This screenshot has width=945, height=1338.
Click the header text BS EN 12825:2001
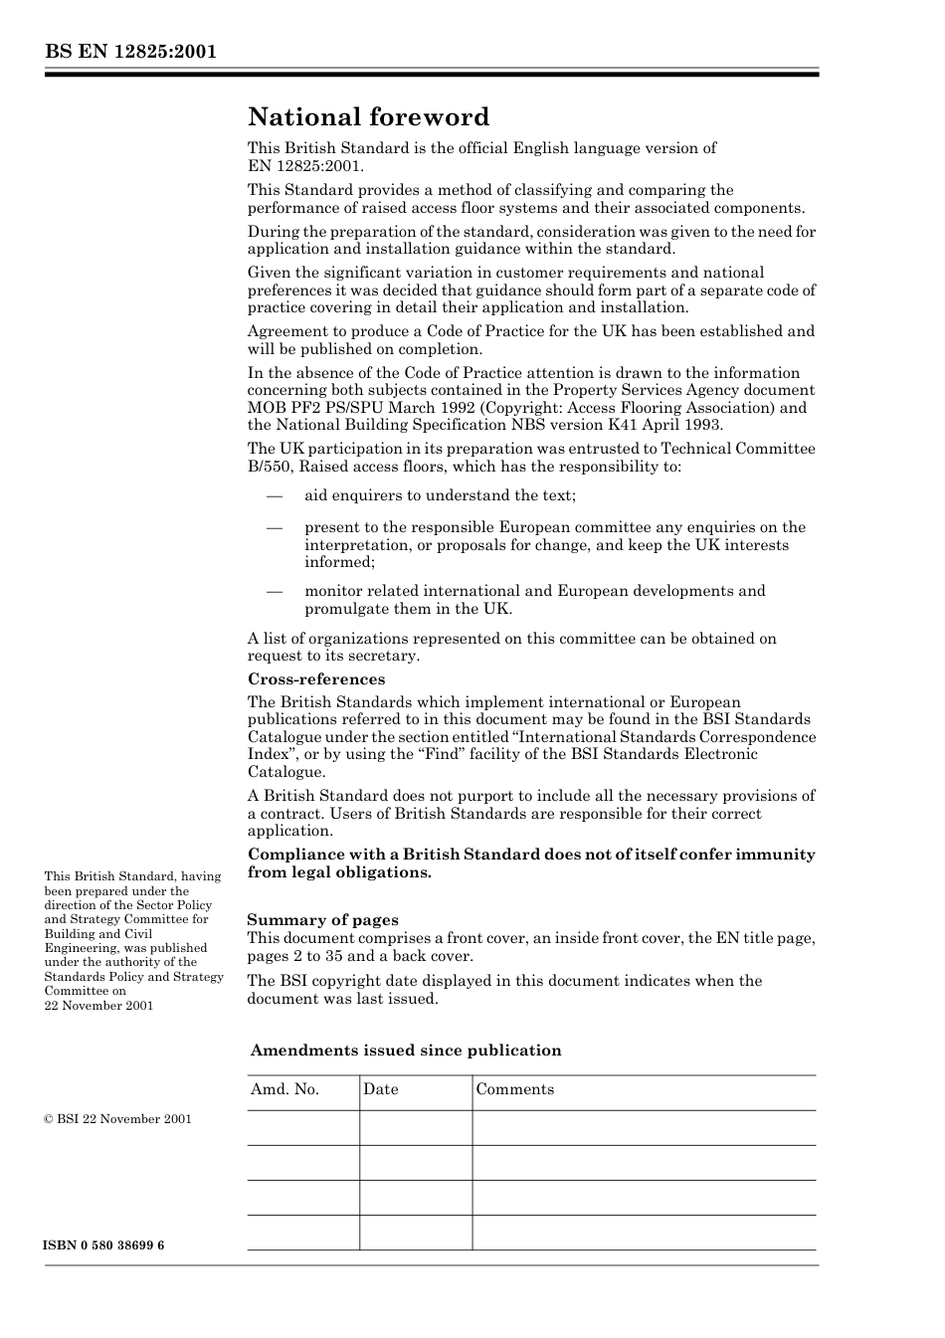(129, 52)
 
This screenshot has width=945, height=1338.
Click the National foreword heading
(368, 117)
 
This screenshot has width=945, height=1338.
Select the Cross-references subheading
(316, 679)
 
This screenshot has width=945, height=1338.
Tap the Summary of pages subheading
(322, 920)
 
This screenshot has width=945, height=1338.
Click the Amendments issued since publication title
(406, 1051)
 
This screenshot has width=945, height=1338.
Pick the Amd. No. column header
(284, 1089)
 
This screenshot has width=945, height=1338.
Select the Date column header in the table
(380, 1089)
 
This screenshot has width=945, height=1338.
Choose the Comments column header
(514, 1089)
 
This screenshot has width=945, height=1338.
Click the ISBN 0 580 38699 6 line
(104, 1245)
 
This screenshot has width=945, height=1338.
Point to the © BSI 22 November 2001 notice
(117, 1119)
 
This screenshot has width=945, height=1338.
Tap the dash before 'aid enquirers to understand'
(274, 495)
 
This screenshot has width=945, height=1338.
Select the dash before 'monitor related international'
(274, 591)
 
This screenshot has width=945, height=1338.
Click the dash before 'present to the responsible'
(274, 527)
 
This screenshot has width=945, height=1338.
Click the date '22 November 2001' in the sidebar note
(98, 1005)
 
